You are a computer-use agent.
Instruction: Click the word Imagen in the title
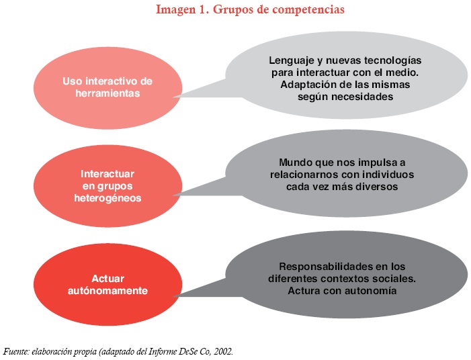(173, 11)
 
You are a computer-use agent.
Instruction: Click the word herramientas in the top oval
(108, 94)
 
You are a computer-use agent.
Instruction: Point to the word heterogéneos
(108, 199)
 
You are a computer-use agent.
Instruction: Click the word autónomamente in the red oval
(108, 291)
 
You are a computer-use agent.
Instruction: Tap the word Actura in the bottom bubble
(304, 290)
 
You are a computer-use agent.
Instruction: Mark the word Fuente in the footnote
(16, 351)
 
